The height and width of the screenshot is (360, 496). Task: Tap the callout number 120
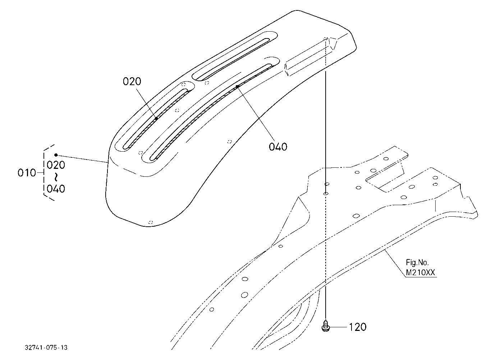(x=357, y=327)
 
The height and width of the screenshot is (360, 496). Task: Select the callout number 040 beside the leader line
(x=278, y=147)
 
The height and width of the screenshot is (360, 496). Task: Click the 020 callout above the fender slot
(x=132, y=82)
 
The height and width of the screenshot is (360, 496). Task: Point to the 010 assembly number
(x=27, y=173)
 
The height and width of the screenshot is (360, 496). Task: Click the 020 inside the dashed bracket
(x=56, y=165)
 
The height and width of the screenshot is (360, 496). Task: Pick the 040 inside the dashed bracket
(x=56, y=189)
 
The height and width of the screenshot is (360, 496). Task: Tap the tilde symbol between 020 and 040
(x=56, y=177)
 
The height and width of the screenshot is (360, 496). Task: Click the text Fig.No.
(x=417, y=262)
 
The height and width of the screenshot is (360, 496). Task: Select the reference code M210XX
(x=420, y=273)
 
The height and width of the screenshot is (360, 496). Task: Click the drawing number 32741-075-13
(x=46, y=347)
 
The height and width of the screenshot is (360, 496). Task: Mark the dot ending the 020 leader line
(x=156, y=119)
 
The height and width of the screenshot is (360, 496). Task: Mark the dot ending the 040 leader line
(x=237, y=87)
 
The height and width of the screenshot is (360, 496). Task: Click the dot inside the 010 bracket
(x=56, y=155)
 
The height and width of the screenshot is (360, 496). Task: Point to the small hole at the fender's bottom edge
(x=151, y=222)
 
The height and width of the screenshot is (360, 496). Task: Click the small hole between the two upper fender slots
(x=207, y=83)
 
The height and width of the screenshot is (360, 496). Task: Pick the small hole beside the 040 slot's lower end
(x=141, y=153)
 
